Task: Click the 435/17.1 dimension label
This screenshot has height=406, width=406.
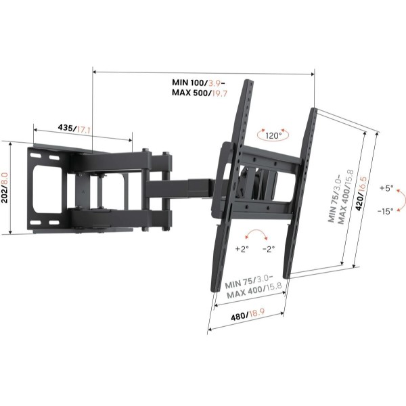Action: [74, 129]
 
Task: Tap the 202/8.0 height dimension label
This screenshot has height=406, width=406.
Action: [5, 187]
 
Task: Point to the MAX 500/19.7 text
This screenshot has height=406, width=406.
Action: [200, 93]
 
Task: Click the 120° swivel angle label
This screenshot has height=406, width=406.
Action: [273, 135]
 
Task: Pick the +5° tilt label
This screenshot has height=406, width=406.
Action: [386, 188]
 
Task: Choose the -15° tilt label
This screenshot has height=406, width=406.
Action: [386, 211]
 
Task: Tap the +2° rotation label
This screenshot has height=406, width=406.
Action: [242, 249]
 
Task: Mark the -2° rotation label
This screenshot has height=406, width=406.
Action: [269, 249]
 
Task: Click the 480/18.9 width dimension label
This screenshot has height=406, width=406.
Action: [248, 315]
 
